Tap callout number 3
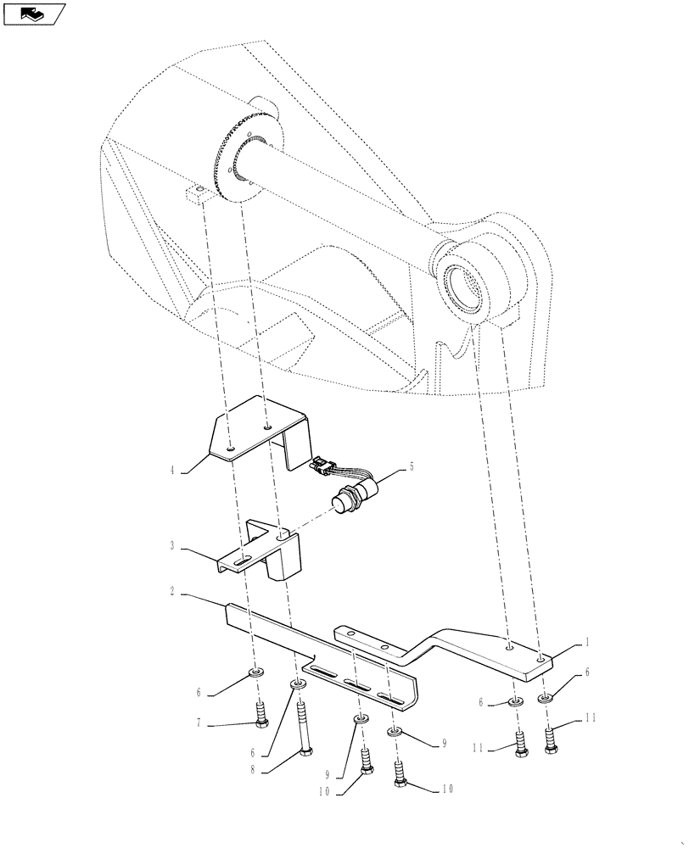172,547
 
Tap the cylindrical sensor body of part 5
350,498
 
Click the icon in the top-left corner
34,14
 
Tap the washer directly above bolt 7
254,672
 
